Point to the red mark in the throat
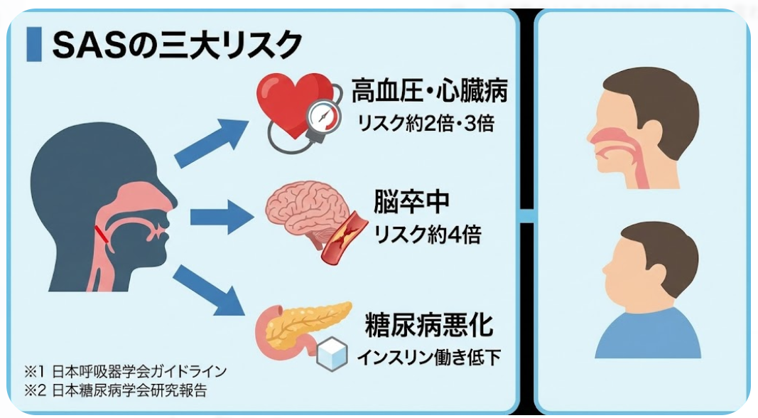[x=102, y=235]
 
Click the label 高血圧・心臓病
[x=430, y=92]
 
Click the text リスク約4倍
[x=428, y=235]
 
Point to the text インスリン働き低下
[x=428, y=356]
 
